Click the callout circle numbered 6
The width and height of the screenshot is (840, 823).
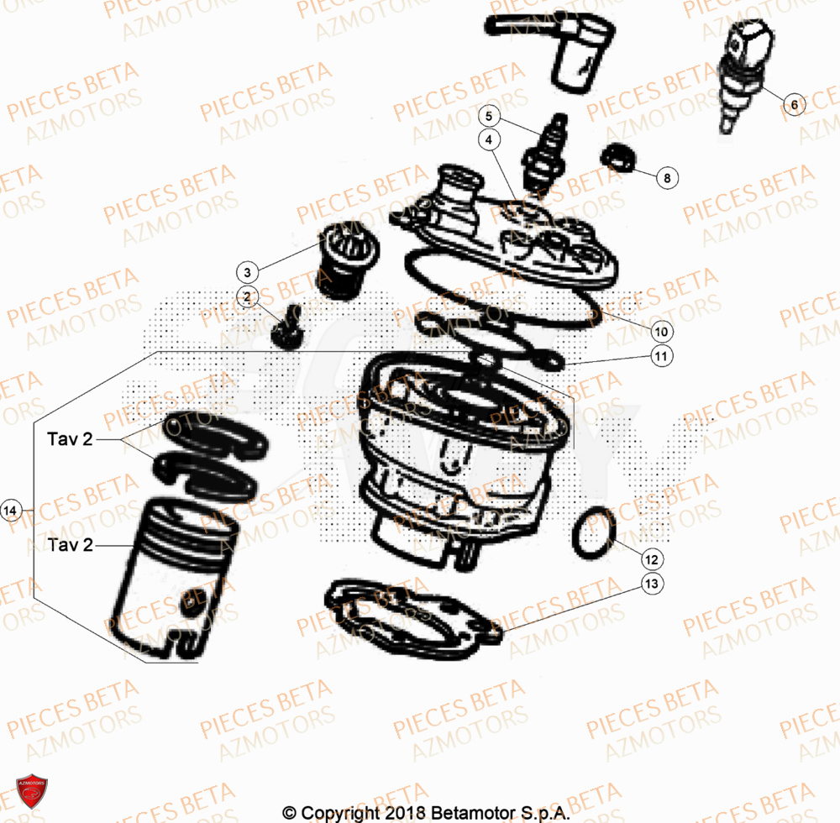point(794,105)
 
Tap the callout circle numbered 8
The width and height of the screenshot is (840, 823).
point(666,178)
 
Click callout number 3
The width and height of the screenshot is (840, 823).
point(247,272)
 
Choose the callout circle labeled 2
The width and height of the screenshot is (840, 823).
point(247,296)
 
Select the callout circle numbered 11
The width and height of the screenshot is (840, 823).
point(661,357)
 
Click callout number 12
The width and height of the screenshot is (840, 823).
point(653,558)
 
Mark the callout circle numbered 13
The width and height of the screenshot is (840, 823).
point(653,584)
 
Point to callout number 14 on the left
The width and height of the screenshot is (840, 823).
point(12,510)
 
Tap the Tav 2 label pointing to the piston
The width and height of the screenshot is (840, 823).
point(71,545)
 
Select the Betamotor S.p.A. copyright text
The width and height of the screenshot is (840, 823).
point(427,813)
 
